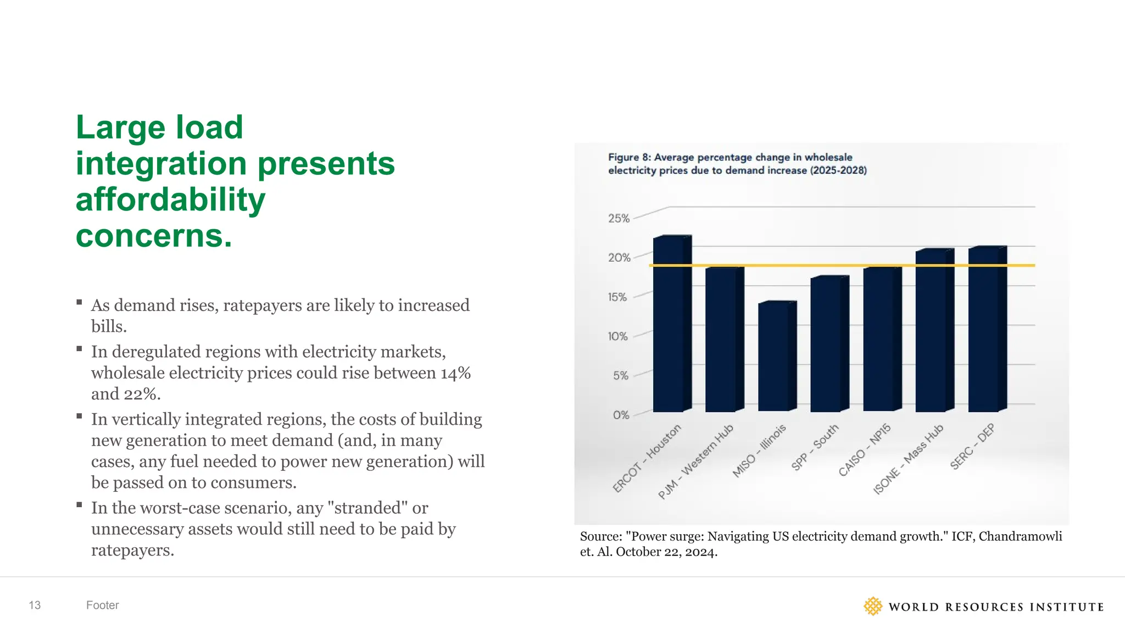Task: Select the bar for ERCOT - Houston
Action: (669, 330)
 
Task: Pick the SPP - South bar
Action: (826, 346)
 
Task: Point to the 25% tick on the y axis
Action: (619, 218)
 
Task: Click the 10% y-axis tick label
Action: (617, 336)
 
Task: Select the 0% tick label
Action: (621, 415)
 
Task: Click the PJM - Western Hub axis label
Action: (695, 462)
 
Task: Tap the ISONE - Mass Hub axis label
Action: (908, 459)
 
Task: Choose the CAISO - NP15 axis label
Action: (864, 449)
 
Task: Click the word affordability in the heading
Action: (170, 199)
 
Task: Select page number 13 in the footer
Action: (35, 605)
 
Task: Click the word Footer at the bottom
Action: (102, 605)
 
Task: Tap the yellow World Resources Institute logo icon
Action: (872, 606)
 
